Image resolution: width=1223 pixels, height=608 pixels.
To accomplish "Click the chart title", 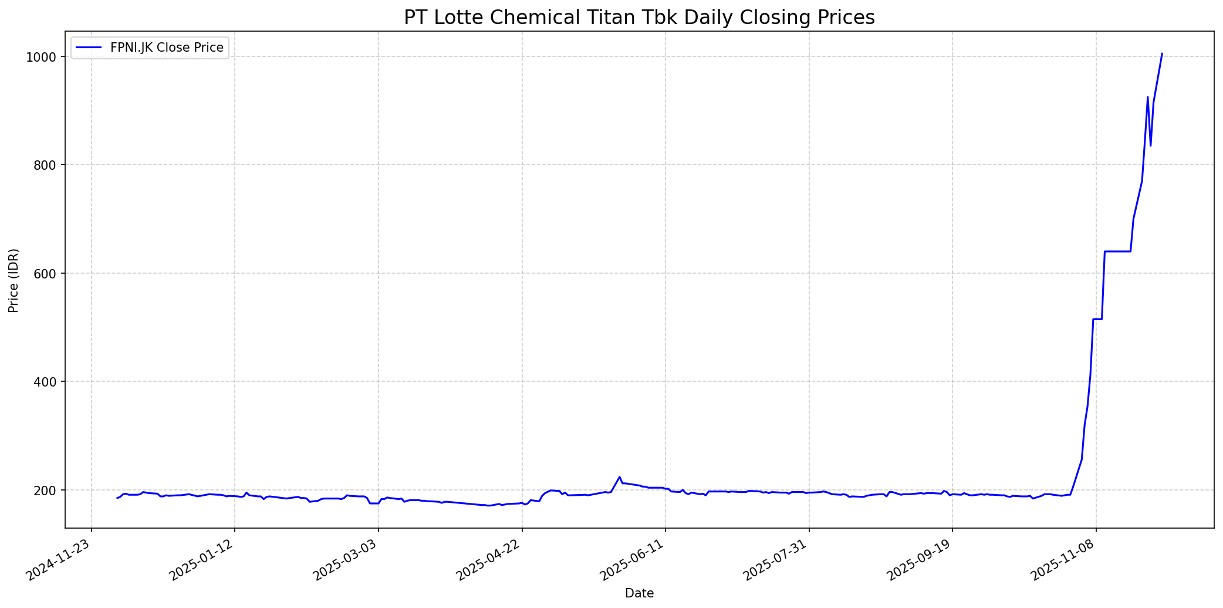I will click(639, 18).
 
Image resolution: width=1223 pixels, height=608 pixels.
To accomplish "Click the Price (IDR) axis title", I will click(14, 280).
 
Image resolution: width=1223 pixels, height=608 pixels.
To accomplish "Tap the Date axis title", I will click(639, 593).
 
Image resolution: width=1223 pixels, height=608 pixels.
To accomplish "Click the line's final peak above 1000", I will click(1162, 53).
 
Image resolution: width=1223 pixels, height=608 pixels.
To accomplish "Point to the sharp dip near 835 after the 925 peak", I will click(1151, 146).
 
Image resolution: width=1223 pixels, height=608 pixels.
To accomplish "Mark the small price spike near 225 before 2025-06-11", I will click(619, 477).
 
